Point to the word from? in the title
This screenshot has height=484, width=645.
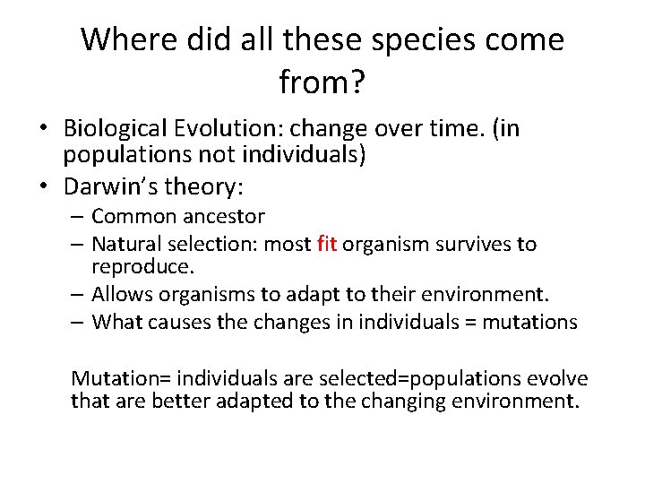click(322, 82)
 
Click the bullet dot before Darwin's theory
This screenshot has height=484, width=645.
click(44, 187)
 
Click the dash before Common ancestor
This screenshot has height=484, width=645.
click(79, 217)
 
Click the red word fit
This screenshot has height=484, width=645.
click(326, 244)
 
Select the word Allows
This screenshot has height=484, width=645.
click(120, 295)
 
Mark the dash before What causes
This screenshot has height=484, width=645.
click(79, 322)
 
